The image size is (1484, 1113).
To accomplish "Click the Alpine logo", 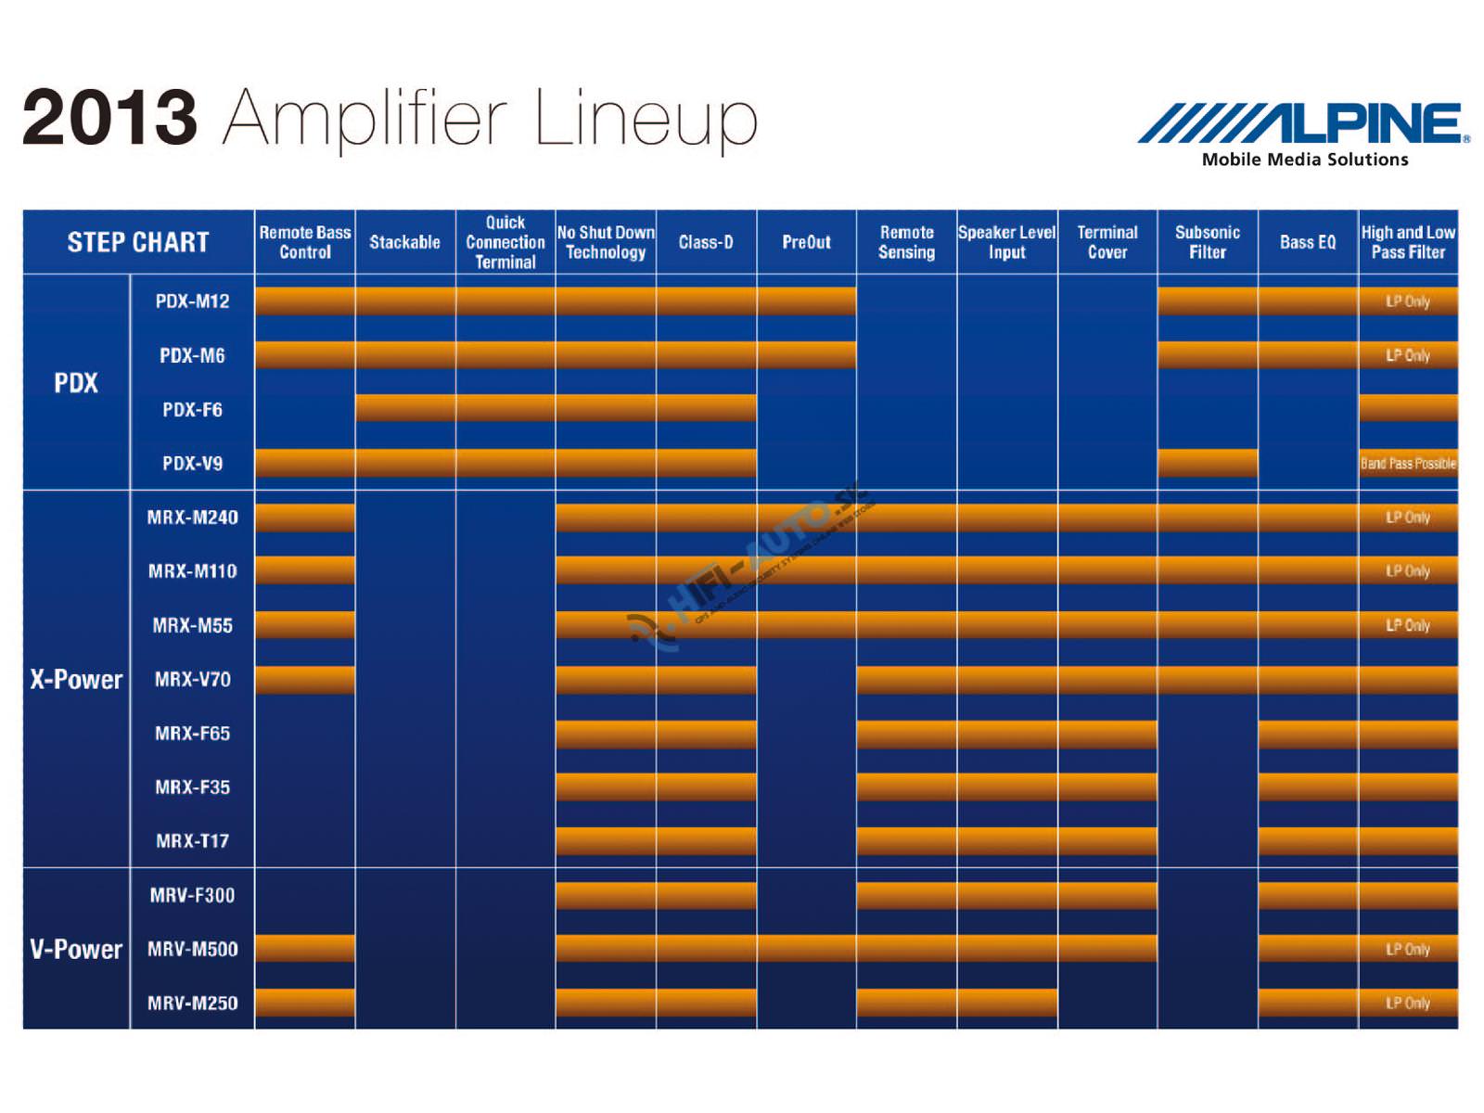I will [1303, 123].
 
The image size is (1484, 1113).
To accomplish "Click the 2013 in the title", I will [109, 118].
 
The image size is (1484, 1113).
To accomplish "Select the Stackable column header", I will [404, 242].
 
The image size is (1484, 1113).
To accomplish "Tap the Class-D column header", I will [706, 242].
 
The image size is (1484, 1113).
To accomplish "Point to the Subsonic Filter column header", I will [1208, 242].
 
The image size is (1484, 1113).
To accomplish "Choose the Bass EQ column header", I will [1308, 242].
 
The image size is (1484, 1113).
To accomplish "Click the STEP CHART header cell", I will [138, 242].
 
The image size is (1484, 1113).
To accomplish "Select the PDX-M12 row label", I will [192, 301].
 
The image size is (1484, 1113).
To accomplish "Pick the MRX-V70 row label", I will [192, 679].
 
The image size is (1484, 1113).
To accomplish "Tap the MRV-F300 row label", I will [192, 895].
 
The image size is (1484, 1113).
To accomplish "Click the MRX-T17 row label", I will [192, 841].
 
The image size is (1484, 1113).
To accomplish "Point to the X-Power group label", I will [76, 679].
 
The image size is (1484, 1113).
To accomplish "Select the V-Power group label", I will [76, 949].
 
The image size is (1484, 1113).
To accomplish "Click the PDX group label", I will [76, 382].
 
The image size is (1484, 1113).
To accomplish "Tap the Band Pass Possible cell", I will [1408, 463].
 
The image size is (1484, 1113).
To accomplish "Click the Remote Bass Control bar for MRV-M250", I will [305, 1003].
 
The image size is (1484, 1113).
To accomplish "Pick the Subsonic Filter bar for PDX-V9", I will [1208, 463].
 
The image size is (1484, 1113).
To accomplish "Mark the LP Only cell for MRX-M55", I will [1408, 625].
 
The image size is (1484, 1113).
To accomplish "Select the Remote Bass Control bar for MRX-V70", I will [305, 679].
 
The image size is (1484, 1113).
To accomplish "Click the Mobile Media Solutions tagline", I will [1304, 160].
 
